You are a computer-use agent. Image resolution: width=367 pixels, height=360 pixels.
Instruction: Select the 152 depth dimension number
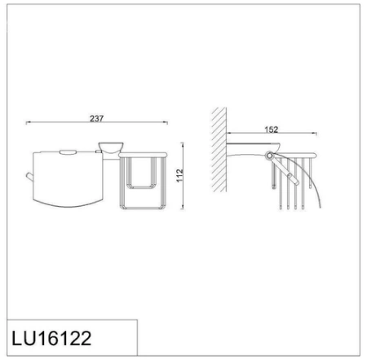click(x=272, y=129)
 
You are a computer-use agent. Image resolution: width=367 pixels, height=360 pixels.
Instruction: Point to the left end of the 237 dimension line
click(x=28, y=123)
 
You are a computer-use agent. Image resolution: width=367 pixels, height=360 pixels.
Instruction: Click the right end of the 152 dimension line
click(x=317, y=134)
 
